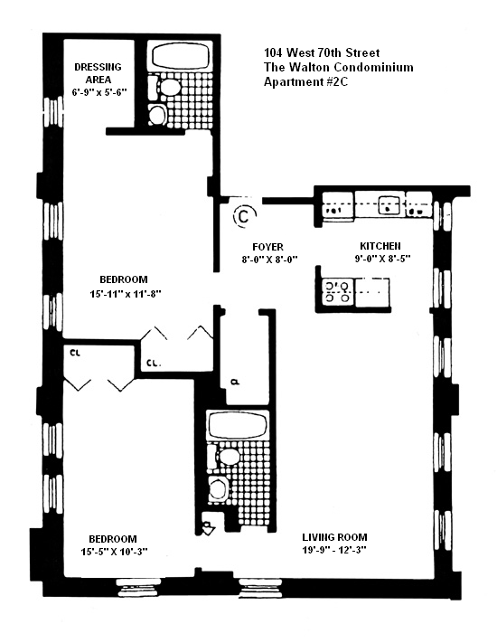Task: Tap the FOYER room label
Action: click(268, 247)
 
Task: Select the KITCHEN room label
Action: click(380, 246)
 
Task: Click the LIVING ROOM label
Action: click(334, 537)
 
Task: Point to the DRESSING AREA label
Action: click(98, 73)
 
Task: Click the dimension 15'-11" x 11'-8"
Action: click(126, 294)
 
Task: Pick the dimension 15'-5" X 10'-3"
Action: click(115, 552)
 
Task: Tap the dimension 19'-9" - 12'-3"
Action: click(334, 551)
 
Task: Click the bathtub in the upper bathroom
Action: click(181, 57)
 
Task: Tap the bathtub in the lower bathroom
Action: click(238, 425)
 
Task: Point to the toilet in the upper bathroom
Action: click(164, 87)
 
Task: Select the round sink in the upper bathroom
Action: click(156, 115)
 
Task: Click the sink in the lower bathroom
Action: click(218, 489)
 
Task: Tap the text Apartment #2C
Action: click(305, 81)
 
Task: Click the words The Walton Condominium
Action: click(339, 67)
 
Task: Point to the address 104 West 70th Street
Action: click(322, 52)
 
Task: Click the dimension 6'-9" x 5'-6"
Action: click(99, 92)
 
